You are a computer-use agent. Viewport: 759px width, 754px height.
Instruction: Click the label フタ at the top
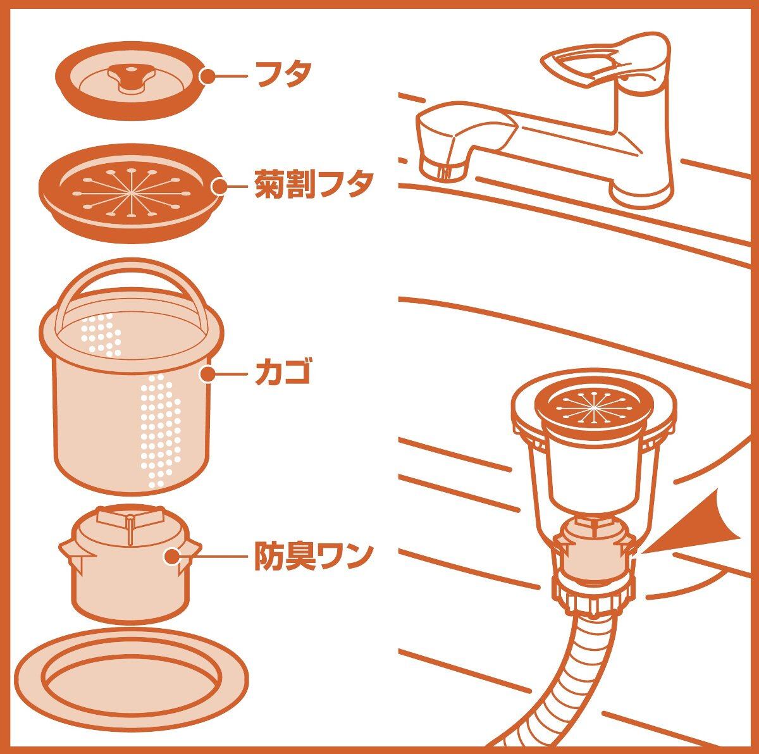click(x=283, y=73)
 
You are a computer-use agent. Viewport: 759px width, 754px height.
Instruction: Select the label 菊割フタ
click(x=312, y=184)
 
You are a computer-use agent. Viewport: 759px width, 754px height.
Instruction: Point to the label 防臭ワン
click(x=312, y=556)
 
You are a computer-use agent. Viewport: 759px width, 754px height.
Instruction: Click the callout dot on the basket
click(x=209, y=374)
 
